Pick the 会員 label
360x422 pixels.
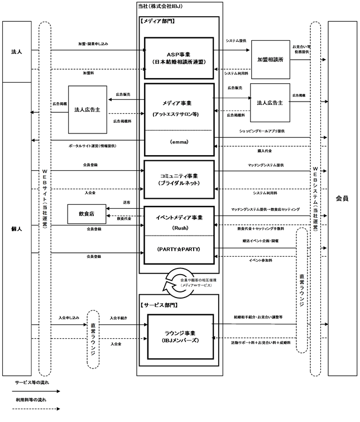(342, 198)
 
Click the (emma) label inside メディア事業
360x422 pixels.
(179, 143)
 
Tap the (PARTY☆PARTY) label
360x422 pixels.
(179, 249)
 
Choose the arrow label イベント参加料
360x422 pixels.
(261, 261)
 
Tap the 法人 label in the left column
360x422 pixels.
(16, 52)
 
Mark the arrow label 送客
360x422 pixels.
(126, 202)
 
